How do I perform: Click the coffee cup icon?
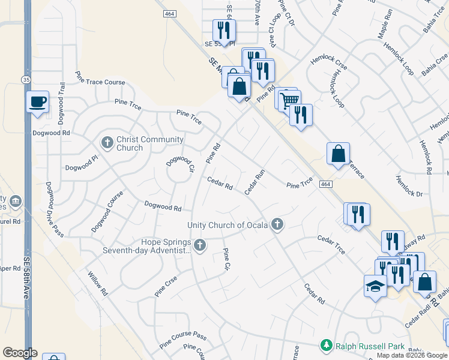tap(37, 101)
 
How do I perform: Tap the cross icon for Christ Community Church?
tap(107, 143)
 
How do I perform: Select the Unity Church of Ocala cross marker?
tap(277, 224)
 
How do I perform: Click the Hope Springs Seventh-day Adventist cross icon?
tap(199, 245)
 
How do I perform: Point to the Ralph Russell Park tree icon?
tap(326, 346)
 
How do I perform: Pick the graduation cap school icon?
tap(375, 286)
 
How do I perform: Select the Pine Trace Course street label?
tap(100, 82)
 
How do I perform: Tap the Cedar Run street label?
tap(255, 182)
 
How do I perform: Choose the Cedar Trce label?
tap(331, 244)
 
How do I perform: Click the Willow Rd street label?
tap(97, 284)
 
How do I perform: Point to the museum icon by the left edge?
tap(16, 200)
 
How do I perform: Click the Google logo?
tap(20, 353)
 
